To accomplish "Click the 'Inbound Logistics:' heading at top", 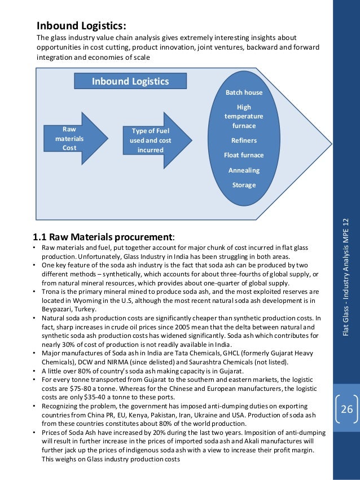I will (x=81, y=26).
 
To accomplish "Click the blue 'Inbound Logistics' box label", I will (x=130, y=81).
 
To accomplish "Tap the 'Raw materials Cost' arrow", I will (x=70, y=138).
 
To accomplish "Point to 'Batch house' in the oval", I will (x=244, y=93).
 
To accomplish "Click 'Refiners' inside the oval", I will (x=244, y=140).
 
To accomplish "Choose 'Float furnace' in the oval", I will (x=244, y=155).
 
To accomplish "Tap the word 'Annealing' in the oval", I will (x=244, y=170).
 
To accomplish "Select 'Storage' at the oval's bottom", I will (x=244, y=184).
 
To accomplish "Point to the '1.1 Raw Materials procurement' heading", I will (x=104, y=236).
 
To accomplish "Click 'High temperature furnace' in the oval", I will (x=244, y=116).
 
